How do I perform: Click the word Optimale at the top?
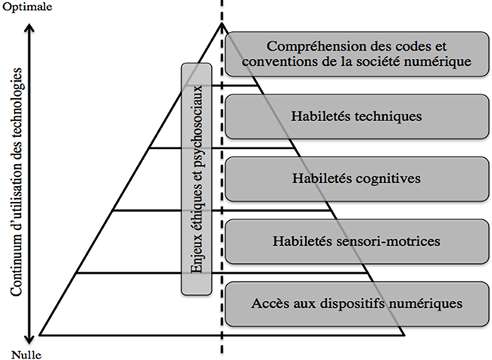[x=27, y=7]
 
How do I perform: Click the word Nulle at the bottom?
[x=26, y=355]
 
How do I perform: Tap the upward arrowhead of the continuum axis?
[x=30, y=28]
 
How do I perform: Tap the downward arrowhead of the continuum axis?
[x=30, y=340]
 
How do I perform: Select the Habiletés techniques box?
[x=357, y=116]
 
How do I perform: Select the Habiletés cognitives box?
[x=357, y=178]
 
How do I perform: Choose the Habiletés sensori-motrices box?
[x=357, y=241]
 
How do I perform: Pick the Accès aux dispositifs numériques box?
[x=357, y=303]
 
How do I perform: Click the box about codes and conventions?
[x=357, y=54]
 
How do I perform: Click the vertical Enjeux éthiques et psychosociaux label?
[x=197, y=179]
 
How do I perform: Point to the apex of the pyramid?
[x=222, y=23]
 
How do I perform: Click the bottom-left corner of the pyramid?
[x=39, y=335]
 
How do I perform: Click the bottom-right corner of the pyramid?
[x=404, y=335]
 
